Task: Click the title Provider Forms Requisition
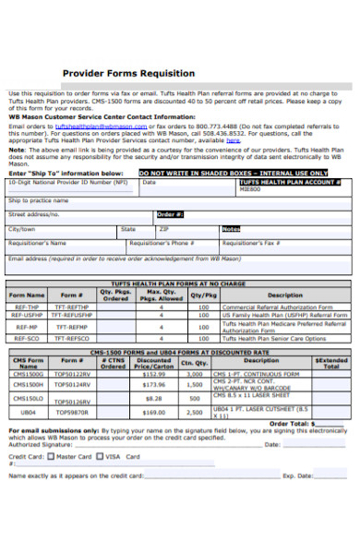[127, 73]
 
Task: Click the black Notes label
[231, 229]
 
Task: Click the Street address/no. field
[74, 214]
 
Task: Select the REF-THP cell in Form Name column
[26, 307]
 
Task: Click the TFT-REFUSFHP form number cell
[74, 316]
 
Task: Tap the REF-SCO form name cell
[26, 338]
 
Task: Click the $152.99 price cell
[154, 374]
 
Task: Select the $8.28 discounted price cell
[154, 398]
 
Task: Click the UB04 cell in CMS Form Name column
[29, 412]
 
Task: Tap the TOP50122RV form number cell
[74, 374]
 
